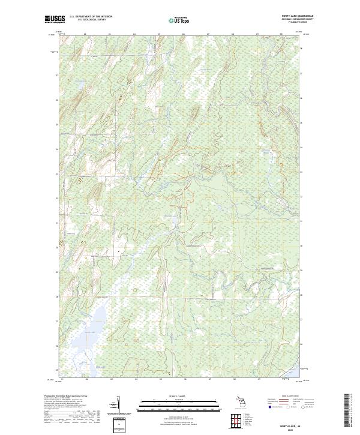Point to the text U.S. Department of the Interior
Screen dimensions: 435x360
(x=91, y=17)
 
